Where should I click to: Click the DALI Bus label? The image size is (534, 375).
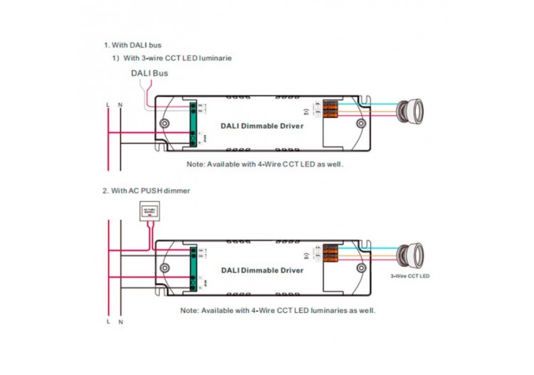coord(149,73)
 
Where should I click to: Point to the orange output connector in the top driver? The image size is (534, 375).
coord(330,108)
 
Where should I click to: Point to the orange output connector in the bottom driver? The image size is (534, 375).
coord(330,253)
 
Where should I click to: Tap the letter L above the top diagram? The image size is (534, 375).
coord(108,105)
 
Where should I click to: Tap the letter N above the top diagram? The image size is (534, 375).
coord(120,105)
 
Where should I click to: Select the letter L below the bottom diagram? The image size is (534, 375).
coord(108,322)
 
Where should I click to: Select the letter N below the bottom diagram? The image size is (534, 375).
coord(120,322)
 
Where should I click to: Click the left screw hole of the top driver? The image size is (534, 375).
coord(165,124)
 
